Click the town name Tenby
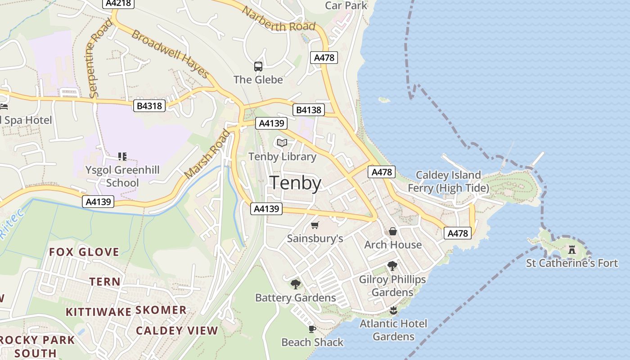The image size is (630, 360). coord(295,184)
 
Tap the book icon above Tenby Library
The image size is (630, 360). coord(282,143)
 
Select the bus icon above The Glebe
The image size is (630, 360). coord(258,67)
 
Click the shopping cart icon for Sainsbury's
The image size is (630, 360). coord(315,225)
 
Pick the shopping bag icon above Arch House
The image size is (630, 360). coord(393,231)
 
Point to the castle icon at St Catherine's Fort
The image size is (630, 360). coord(572,249)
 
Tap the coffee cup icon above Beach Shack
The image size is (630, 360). coord(312,329)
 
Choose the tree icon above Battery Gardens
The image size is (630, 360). coord(295,284)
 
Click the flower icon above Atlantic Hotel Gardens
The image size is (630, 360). coord(393,310)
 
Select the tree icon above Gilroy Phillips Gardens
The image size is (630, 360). coord(392,265)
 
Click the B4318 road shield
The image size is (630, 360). coord(150,106)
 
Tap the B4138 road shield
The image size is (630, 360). coord(308,110)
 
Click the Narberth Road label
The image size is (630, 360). coord(279,19)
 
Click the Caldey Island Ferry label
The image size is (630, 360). coord(448,181)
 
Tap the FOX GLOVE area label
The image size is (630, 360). coord(84,252)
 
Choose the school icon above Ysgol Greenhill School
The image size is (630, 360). coord(122,157)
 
